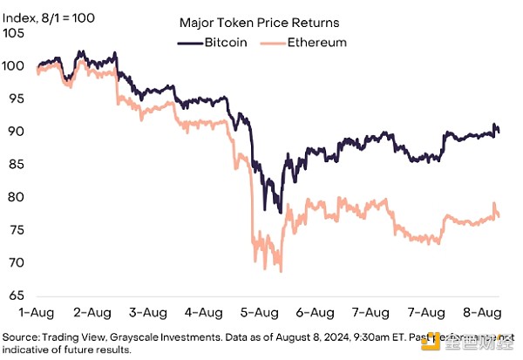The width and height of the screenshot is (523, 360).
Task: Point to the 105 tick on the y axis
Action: coord(14,33)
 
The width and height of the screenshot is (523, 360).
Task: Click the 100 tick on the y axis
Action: coord(14,66)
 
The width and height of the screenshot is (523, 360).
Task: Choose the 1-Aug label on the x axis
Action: coord(37,312)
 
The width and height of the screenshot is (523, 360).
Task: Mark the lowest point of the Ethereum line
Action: coord(281,271)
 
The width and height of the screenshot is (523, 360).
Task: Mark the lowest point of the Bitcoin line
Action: coord(280,213)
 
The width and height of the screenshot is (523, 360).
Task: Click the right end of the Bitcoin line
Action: coord(499,132)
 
